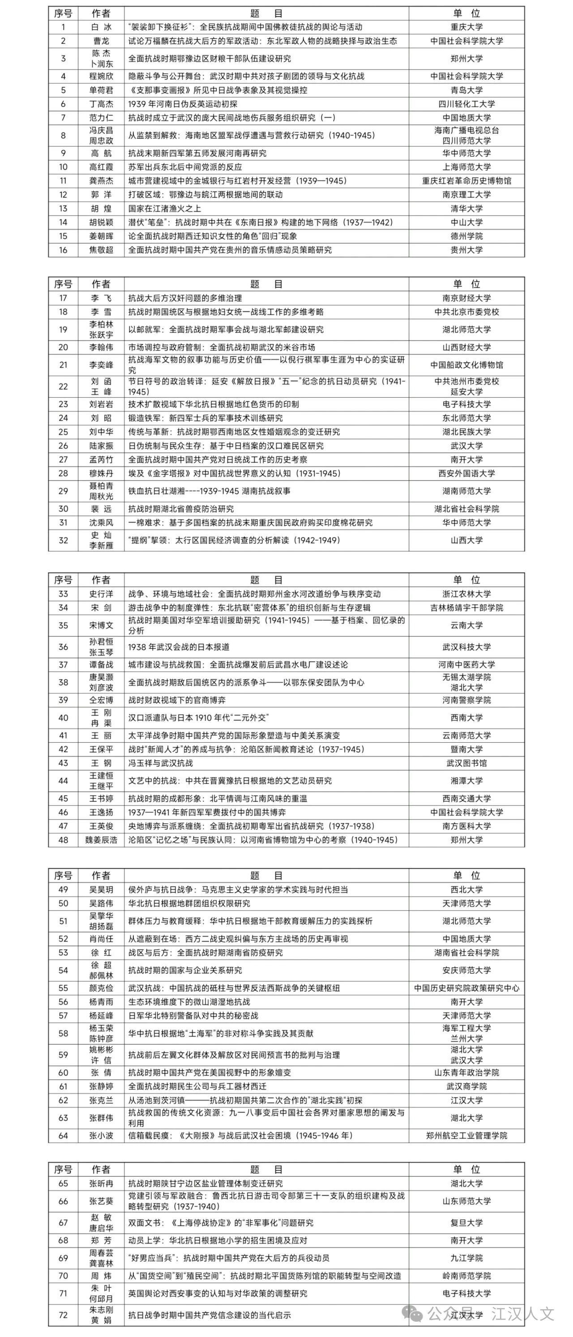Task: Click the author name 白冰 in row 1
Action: pyautogui.click(x=101, y=27)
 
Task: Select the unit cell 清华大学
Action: pyautogui.click(x=466, y=209)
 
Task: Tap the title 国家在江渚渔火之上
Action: pyautogui.click(x=165, y=209)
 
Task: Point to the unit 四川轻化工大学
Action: pyautogui.click(x=466, y=104)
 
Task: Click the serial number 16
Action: pyautogui.click(x=63, y=250)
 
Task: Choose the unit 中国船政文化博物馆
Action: pyautogui.click(x=466, y=365)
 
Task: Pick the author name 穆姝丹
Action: pyautogui.click(x=101, y=473)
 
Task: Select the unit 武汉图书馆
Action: pyautogui.click(x=466, y=763)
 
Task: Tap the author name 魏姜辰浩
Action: pyautogui.click(x=101, y=840)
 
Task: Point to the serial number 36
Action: pyautogui.click(x=63, y=647)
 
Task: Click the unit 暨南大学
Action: pyautogui.click(x=466, y=749)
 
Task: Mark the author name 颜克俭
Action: pyautogui.click(x=101, y=988)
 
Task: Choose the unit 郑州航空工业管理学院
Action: pyautogui.click(x=466, y=1136)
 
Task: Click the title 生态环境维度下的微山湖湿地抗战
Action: pyautogui.click(x=189, y=1002)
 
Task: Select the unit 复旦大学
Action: pyautogui.click(x=466, y=1223)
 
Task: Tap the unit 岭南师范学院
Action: pyautogui.click(x=466, y=1275)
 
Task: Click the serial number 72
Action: pyautogui.click(x=63, y=1315)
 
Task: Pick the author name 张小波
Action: pyautogui.click(x=101, y=1136)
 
